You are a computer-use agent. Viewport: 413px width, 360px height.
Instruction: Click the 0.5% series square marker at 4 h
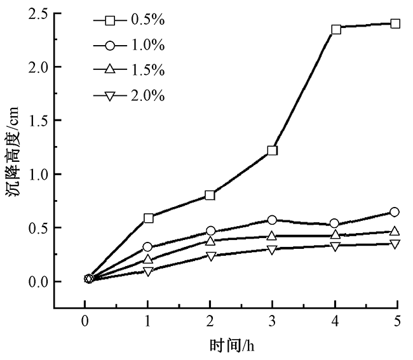click(335, 29)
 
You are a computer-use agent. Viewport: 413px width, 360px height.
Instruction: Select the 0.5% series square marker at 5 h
click(395, 23)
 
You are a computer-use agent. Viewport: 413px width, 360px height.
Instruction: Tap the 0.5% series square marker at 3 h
click(273, 150)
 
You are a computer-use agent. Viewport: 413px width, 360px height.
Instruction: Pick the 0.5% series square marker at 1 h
click(149, 218)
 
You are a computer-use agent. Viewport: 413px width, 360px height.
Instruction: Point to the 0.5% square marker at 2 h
click(210, 195)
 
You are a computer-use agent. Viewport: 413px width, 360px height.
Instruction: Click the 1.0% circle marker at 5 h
click(395, 211)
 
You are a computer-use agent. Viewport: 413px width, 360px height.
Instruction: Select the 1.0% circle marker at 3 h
click(272, 220)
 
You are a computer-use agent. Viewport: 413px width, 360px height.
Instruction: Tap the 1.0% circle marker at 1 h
click(148, 247)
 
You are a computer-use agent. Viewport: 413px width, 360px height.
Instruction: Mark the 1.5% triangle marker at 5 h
click(395, 232)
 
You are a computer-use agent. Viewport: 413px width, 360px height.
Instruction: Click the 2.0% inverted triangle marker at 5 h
click(395, 244)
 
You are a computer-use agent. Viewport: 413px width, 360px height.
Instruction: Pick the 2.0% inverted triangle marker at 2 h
click(210, 256)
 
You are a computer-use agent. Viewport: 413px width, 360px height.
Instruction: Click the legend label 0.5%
click(148, 20)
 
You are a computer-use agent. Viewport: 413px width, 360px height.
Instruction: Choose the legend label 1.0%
click(148, 46)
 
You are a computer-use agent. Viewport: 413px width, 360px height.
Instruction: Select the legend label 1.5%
click(148, 70)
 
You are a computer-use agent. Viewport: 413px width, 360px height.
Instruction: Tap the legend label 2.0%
click(148, 96)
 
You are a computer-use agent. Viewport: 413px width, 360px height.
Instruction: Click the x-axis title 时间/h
click(233, 346)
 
